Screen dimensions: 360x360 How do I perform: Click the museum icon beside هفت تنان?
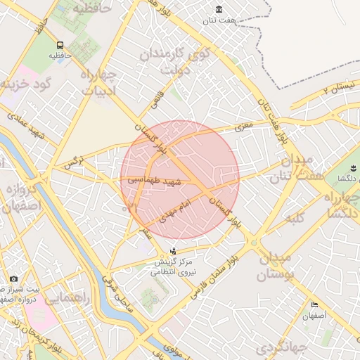(219, 9)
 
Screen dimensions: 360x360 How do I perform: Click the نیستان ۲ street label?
(336, 87)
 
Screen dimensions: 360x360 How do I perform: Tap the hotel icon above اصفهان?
(315, 305)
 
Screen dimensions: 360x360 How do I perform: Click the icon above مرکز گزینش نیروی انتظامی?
(174, 251)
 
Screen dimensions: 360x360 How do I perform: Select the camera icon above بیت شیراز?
(14, 280)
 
